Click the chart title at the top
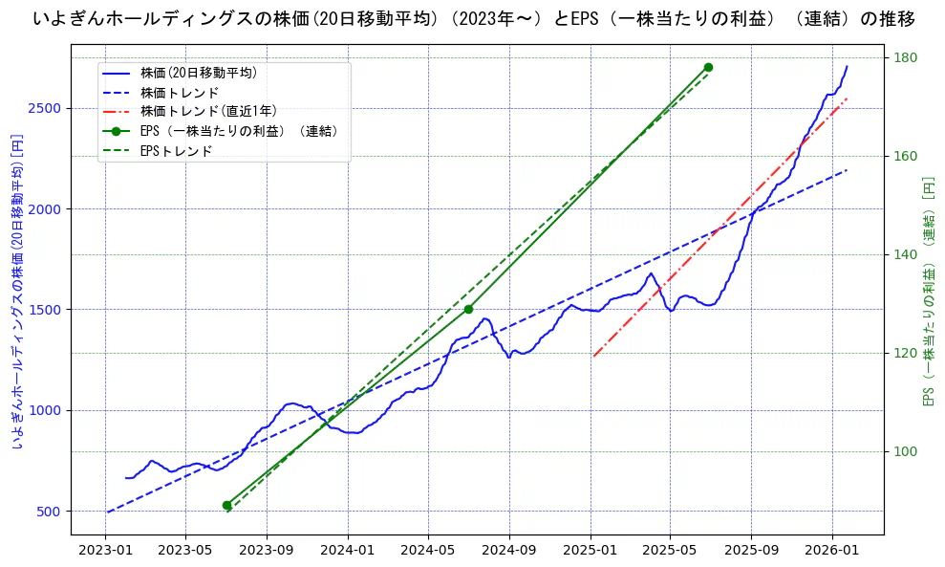pos(473,18)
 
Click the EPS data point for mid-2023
pos(227,505)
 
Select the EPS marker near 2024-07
pos(468,309)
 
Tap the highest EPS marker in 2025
pos(708,67)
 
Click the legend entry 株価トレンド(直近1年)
pos(208,111)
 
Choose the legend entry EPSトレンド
pos(176,151)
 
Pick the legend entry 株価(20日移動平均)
pos(198,72)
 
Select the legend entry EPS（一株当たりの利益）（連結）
pos(239,131)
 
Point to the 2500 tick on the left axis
pos(49,108)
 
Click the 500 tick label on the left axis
pos(53,512)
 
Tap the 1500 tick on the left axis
pos(49,310)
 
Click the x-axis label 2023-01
pos(105,551)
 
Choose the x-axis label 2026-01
pos(831,551)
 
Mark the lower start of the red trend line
pos(593,357)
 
